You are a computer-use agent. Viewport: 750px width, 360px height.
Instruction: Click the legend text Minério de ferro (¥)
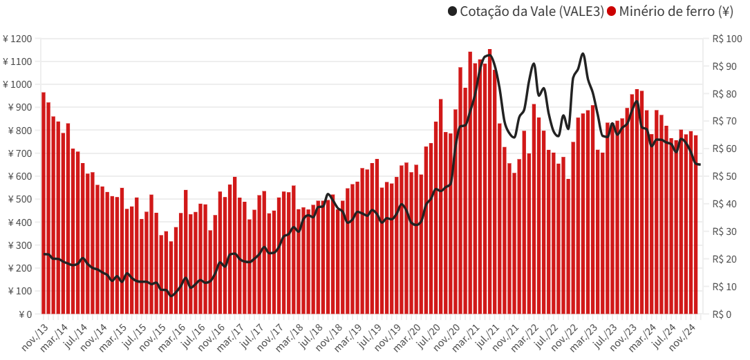point(676,11)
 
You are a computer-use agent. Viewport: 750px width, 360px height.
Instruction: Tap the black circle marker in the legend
point(453,11)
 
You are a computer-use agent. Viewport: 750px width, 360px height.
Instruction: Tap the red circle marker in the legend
point(611,11)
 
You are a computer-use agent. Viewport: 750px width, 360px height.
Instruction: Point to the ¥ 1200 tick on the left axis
point(17,39)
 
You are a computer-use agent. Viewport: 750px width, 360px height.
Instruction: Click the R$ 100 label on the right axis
point(722,39)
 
